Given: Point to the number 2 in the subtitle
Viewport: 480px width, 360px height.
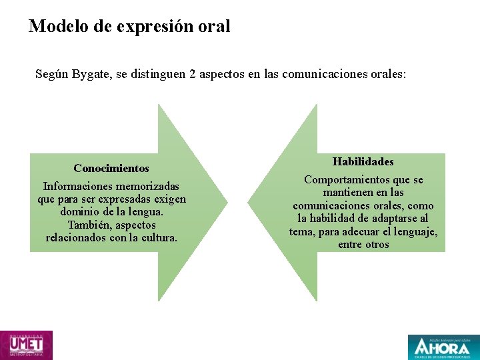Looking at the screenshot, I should pyautogui.click(x=193, y=74).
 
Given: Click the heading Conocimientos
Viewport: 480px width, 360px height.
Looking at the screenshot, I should pyautogui.click(x=111, y=169).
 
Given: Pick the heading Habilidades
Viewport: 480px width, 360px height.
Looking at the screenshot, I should pyautogui.click(x=363, y=162).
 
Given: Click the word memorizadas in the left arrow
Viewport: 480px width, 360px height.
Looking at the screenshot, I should pyautogui.click(x=147, y=187).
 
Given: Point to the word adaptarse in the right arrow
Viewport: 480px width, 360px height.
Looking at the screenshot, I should pyautogui.click(x=389, y=219).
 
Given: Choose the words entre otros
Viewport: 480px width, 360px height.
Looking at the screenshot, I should pyautogui.click(x=363, y=245).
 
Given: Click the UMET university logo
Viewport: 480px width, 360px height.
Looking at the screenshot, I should pyautogui.click(x=26, y=345).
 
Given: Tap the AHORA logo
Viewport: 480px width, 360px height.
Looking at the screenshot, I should pyautogui.click(x=443, y=347).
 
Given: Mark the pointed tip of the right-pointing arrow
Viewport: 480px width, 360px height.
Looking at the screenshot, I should pyautogui.click(x=227, y=202).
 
